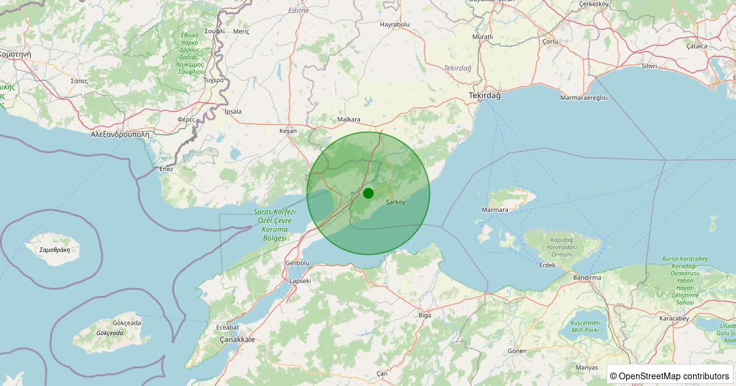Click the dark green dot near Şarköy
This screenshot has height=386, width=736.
368,194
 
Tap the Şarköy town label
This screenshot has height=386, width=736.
396,203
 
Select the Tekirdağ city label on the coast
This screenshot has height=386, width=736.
485,96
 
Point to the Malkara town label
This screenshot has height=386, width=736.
349,119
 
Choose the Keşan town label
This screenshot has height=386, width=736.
288,131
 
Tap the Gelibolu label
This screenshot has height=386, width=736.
297,263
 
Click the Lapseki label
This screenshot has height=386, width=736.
300,281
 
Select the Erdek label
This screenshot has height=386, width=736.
546,265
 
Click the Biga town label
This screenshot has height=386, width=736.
424,315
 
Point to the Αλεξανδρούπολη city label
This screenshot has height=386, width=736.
120,134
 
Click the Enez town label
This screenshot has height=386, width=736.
166,168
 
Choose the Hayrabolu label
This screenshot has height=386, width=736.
394,25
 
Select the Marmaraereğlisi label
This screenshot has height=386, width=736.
583,97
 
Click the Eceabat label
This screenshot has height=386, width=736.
228,327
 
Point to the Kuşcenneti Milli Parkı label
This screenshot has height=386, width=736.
585,326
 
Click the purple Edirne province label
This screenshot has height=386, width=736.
299,10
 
